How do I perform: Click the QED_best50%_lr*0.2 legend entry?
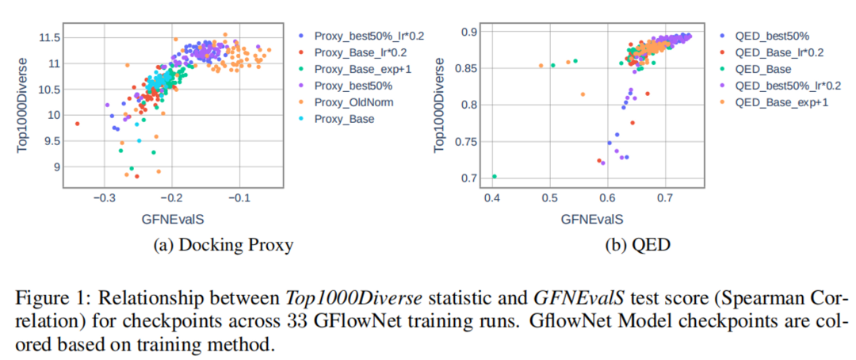tap(785, 86)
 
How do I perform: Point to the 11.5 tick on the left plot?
tap(49, 37)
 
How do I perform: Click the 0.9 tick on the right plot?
tap(473, 32)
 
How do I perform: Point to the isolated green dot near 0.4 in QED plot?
tap(495, 176)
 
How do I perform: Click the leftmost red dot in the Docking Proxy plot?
tap(77, 124)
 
